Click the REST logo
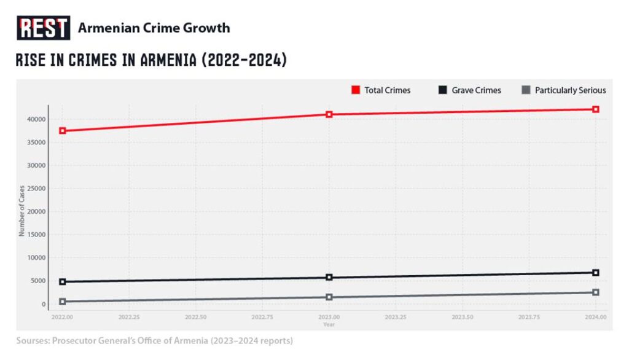point(43,28)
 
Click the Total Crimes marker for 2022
point(63,131)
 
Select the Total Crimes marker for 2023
point(329,114)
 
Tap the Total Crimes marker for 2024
point(596,109)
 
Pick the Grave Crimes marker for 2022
point(63,282)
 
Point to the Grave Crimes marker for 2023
point(329,278)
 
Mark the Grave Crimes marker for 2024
point(596,273)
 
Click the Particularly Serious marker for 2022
point(63,302)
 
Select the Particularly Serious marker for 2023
point(329,297)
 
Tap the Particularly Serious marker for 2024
point(596,292)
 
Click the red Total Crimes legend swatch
point(355,90)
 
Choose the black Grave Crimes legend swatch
point(442,90)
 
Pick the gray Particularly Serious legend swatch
point(525,90)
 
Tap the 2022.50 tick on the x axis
point(196,318)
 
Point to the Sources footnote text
point(155,340)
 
